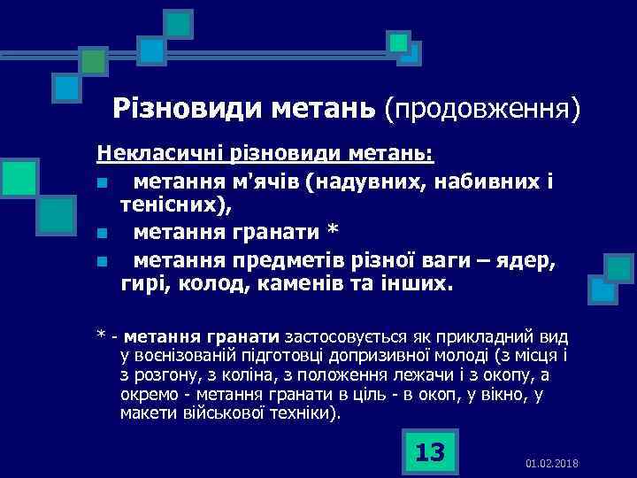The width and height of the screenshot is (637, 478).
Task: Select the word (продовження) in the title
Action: tap(483, 110)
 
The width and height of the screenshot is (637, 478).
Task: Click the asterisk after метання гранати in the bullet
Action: tap(333, 233)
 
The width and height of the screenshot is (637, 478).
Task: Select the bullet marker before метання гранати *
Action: tap(103, 235)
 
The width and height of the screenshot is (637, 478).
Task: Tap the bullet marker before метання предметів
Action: tap(103, 261)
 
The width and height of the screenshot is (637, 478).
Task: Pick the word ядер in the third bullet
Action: tap(527, 260)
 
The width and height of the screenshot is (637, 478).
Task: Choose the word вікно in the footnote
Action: tap(510, 395)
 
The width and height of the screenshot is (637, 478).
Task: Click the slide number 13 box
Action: tap(429, 451)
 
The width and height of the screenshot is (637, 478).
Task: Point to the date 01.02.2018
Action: tap(551, 464)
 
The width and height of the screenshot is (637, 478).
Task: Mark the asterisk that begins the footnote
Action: tap(102, 336)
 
